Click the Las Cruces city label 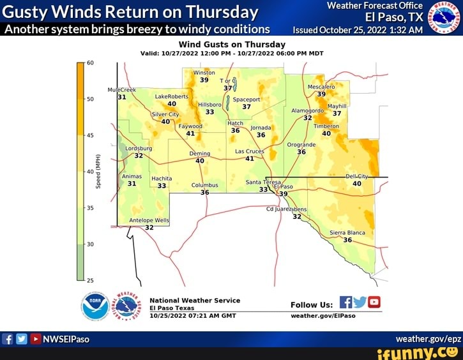coord(249,151)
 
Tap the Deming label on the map coord(200,154)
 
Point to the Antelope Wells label coord(149,220)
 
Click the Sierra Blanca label coord(347,233)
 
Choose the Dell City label coord(357,176)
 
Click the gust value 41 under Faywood coord(190,133)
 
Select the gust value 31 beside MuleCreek coord(121,97)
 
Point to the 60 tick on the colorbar coord(90,63)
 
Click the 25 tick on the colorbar coord(90,280)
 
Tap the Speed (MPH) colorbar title coord(98,171)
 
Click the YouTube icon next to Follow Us coord(374,302)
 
